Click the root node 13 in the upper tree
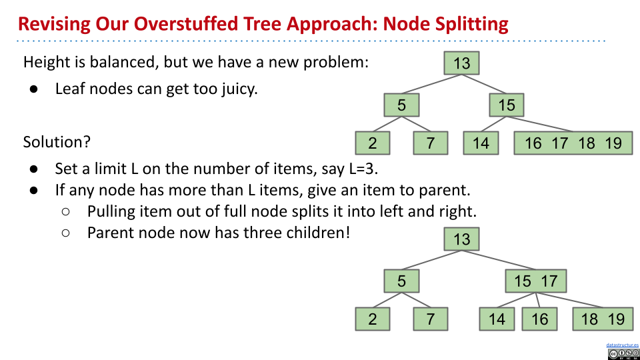coord(461,63)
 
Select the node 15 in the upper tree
coord(507,105)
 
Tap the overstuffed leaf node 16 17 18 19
coord(573,143)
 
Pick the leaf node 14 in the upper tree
coord(481,143)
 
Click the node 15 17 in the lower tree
coord(536,281)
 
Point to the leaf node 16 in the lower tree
coord(539,319)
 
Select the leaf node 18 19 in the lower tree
coord(603,319)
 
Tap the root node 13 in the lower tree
coord(461,239)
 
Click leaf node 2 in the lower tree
coord(372,319)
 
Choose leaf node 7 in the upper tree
coord(431,143)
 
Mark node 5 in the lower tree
coord(401,281)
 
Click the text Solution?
coord(57,142)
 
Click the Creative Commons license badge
coord(623,354)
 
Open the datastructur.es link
coord(623,345)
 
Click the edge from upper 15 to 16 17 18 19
coord(539,124)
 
